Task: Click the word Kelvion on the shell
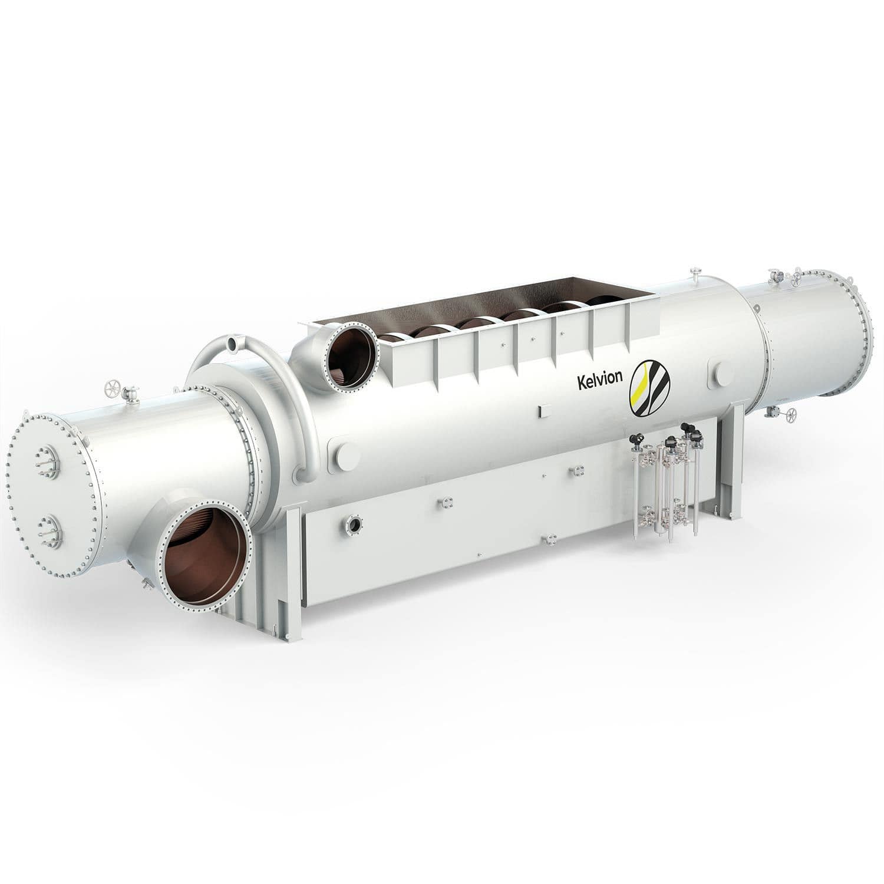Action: coord(599,379)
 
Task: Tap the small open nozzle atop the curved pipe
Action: coord(233,342)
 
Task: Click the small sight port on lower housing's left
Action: coord(355,523)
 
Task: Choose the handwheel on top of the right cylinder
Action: coord(798,278)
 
